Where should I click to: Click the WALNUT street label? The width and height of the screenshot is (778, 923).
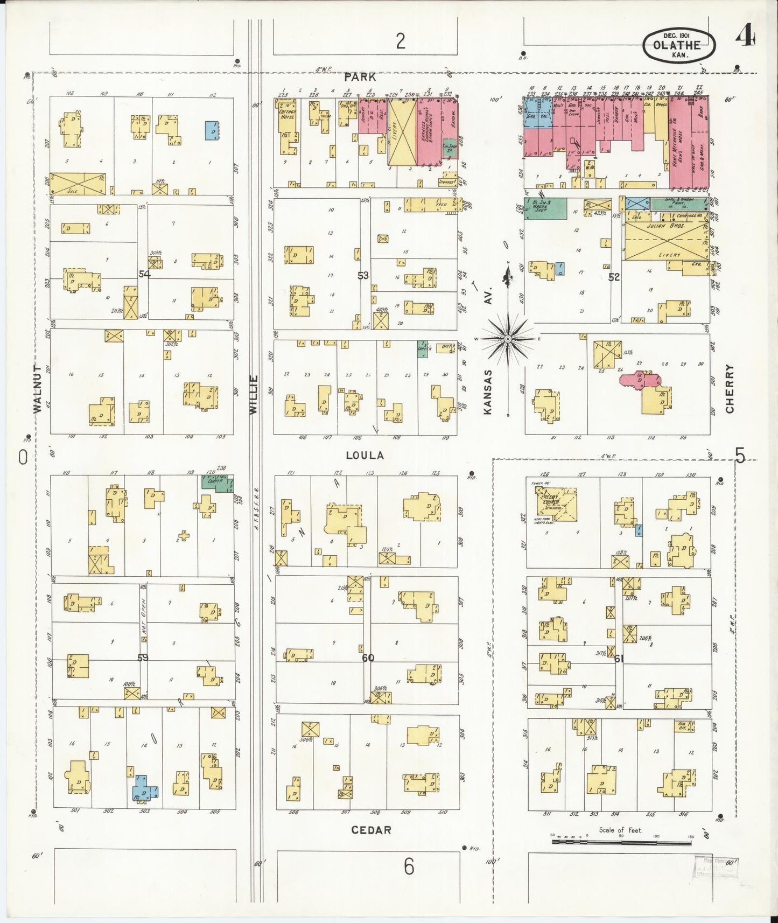click(37, 388)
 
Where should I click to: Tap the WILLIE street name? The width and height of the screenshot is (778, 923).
click(254, 394)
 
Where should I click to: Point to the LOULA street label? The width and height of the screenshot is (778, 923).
click(365, 455)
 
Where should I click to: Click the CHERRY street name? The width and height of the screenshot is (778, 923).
click(730, 388)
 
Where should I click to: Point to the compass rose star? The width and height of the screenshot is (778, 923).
click(507, 339)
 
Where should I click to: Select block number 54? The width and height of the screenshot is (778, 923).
click(144, 274)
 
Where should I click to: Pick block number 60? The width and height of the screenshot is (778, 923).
click(368, 658)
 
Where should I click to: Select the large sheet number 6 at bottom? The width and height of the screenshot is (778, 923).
click(409, 867)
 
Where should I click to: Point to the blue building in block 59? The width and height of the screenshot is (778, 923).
click(145, 787)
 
